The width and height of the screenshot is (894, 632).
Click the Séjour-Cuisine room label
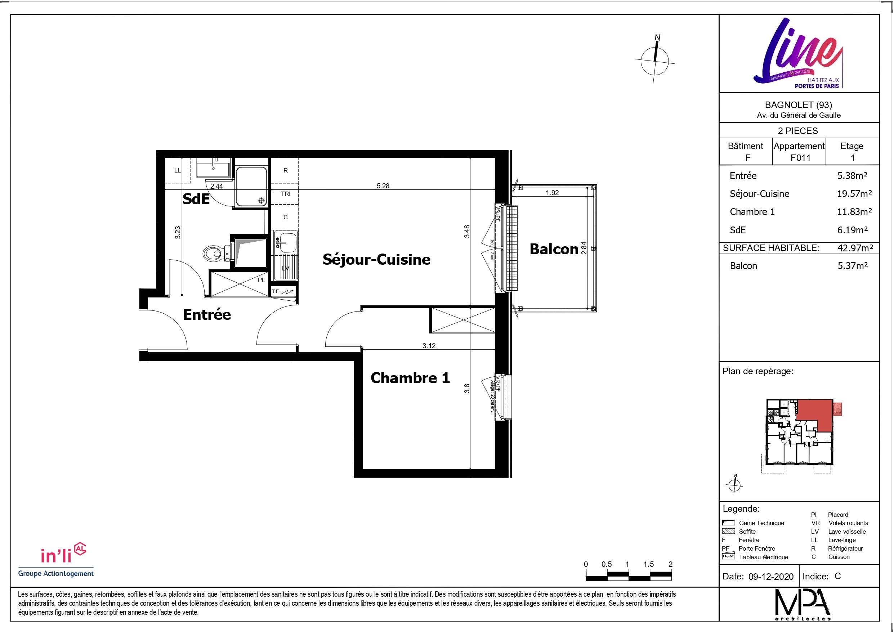pos(376,259)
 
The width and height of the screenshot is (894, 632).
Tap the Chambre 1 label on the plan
pos(410,378)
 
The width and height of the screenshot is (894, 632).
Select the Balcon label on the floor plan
pos(554,249)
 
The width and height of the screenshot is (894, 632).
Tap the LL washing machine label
pos(178,171)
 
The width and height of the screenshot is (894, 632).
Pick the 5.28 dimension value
pos(383,186)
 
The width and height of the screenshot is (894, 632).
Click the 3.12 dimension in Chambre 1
pos(429,345)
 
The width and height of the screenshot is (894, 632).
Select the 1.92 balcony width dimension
pos(552,193)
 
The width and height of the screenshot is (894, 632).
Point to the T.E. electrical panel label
pos(276,291)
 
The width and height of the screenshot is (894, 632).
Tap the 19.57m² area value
pos(854,193)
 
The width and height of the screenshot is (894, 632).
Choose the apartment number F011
pos(801,158)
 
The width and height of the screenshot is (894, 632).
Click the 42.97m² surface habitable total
pos(855,248)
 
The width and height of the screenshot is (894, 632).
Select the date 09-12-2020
pos(770,576)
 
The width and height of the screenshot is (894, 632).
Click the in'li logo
pos(63,554)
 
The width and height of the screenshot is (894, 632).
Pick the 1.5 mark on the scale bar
pos(648,564)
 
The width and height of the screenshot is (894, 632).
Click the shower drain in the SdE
pos(261,200)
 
